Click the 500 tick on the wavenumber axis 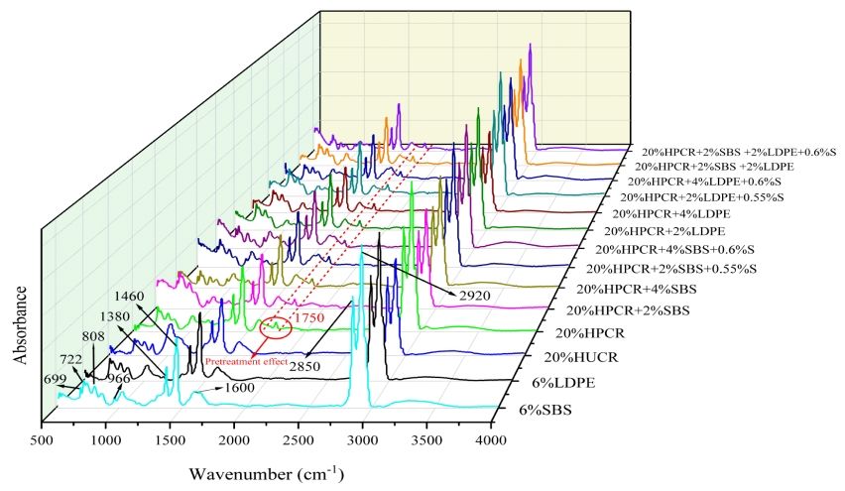tap(41, 439)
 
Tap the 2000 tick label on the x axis tap(235, 439)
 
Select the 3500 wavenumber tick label tap(427, 439)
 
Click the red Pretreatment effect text tap(246, 362)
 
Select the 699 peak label tap(56, 379)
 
